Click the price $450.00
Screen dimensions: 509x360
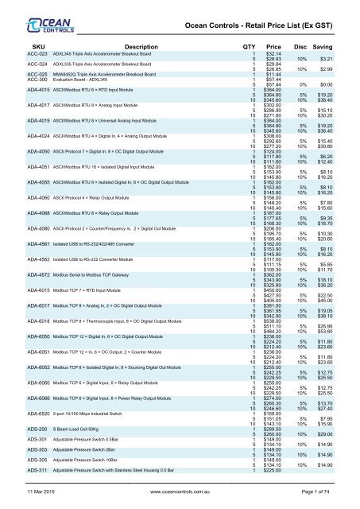click(x=274, y=290)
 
